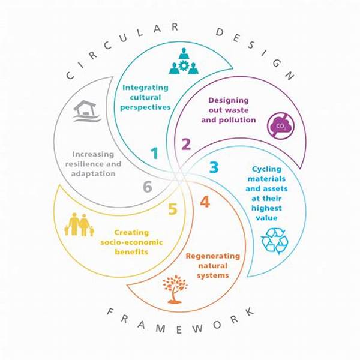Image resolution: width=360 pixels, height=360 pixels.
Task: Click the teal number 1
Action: (155, 153)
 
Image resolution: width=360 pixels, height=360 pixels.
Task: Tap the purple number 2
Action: (186, 144)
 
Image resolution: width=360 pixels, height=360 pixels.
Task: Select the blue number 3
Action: (214, 167)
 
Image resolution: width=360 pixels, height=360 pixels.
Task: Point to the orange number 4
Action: (205, 202)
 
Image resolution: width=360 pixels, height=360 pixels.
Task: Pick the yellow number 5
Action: (173, 209)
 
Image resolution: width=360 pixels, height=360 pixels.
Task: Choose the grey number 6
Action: (148, 186)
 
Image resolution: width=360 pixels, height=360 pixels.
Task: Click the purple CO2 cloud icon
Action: (281, 126)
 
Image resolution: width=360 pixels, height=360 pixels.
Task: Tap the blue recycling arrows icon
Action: (275, 241)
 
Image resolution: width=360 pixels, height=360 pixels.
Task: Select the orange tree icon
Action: (175, 289)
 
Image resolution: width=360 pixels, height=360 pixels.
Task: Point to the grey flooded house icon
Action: (86, 111)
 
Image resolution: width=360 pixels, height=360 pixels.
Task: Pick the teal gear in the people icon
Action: (184, 66)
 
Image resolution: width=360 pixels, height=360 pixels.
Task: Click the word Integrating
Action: (145, 88)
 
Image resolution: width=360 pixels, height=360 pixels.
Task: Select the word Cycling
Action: (266, 169)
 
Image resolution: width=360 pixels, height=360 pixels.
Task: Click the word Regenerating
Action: (213, 256)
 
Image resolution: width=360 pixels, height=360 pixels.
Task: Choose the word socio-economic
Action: (131, 242)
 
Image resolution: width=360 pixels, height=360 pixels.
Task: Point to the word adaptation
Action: (93, 174)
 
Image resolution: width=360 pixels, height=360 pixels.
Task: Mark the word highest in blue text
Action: (266, 208)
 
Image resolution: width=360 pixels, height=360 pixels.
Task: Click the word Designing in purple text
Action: (229, 101)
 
